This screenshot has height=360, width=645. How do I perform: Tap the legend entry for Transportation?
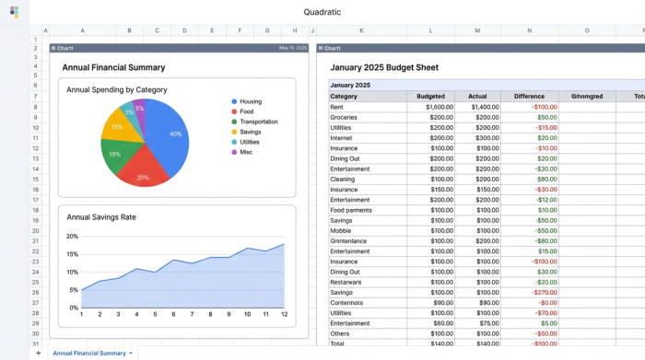258,122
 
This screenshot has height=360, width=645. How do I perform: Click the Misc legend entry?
246,152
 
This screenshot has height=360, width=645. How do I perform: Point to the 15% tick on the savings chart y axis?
73,254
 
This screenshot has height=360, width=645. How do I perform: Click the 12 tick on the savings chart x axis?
284,315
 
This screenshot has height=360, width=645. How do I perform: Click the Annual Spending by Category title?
116,89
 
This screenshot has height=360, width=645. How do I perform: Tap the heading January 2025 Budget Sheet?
384,67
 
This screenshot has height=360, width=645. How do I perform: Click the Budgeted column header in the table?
430,96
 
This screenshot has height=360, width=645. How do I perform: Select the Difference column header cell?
529,96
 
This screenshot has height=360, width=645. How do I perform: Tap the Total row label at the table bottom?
338,343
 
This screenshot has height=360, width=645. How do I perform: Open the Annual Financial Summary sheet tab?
88,353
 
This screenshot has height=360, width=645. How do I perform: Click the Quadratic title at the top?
322,12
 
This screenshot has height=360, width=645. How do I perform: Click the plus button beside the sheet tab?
38,353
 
